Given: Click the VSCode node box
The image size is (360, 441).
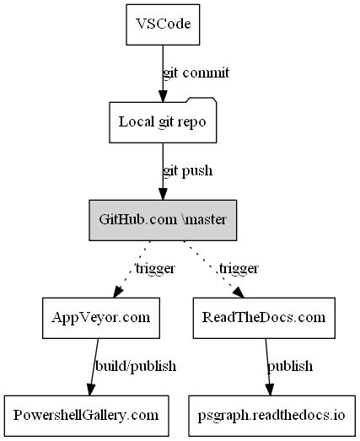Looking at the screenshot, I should (x=163, y=24).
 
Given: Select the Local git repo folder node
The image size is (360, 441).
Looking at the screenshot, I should (x=163, y=122).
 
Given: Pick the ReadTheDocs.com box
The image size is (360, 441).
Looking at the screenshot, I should (x=263, y=317).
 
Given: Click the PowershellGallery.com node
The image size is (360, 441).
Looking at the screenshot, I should (x=85, y=415).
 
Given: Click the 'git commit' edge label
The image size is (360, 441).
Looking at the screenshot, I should (x=196, y=73).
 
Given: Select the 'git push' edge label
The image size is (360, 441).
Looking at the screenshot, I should (x=187, y=171).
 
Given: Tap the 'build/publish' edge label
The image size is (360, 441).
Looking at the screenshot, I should (x=136, y=366).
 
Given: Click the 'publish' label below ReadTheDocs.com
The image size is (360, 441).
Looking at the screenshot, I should (x=290, y=366).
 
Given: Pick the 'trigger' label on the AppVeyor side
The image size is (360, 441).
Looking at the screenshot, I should (x=154, y=269).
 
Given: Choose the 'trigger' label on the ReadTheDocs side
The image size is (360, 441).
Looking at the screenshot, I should (x=239, y=269).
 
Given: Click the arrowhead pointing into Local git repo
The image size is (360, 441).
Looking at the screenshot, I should (x=163, y=95).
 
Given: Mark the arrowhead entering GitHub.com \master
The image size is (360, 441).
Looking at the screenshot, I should (x=163, y=193).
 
